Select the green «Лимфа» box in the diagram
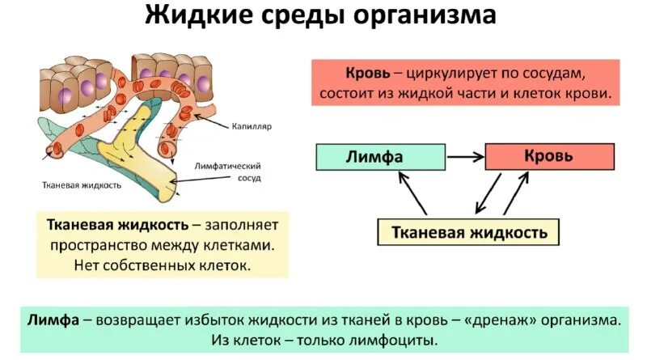[x=379, y=157]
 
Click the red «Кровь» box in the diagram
[x=548, y=155]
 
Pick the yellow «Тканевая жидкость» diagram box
[x=469, y=232]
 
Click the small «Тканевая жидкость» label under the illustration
[x=81, y=184]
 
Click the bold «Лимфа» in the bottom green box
[x=52, y=319]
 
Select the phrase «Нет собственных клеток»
[x=162, y=264]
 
